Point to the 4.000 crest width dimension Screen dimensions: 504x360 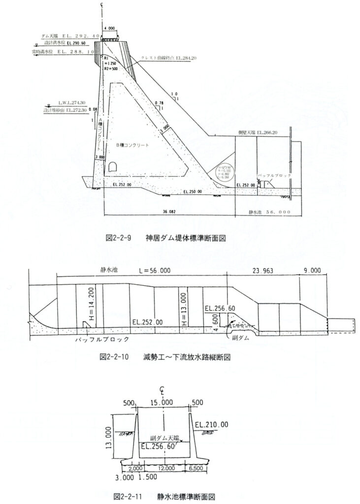(109, 28)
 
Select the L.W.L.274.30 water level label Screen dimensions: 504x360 (72, 102)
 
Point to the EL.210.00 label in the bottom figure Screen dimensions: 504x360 (211, 424)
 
